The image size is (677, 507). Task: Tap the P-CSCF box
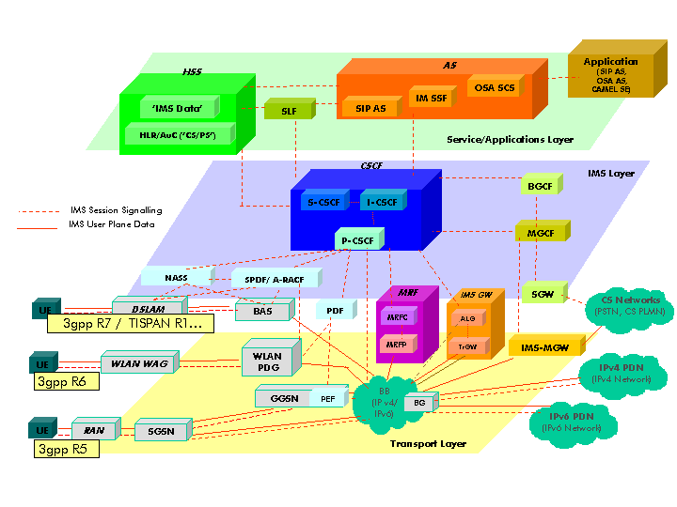[358, 241]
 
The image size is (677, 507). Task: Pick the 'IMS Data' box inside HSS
[178, 108]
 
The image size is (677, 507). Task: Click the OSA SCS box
[495, 87]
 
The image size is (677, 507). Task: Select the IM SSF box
[432, 99]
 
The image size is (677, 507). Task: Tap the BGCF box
[540, 186]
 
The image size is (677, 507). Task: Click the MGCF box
[540, 230]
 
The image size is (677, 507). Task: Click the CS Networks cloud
[624, 308]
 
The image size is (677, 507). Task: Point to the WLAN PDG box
[268, 360]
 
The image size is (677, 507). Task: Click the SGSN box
[161, 430]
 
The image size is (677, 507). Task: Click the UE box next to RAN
[42, 430]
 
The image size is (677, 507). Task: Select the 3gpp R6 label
[61, 382]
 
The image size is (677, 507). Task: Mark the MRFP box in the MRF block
[395, 346]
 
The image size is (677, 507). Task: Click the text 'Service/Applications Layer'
[510, 139]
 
